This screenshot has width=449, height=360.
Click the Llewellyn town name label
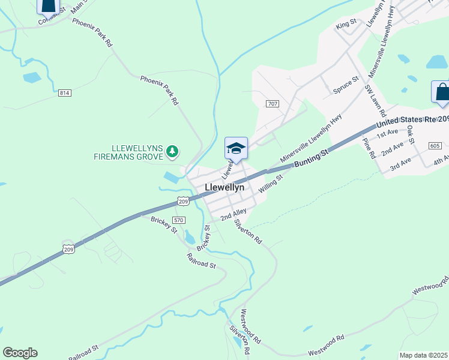click(x=224, y=187)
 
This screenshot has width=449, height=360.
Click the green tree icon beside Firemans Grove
click(x=172, y=151)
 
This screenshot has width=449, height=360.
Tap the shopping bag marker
click(x=442, y=92)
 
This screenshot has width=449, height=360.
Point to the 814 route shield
click(x=65, y=93)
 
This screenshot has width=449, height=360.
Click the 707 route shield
click(x=273, y=104)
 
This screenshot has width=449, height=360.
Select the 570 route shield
click(x=178, y=220)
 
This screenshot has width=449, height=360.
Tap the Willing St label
click(x=271, y=182)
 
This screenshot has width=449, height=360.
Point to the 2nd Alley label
click(x=234, y=214)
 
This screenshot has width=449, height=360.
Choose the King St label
click(x=346, y=25)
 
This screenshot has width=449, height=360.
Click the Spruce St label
click(x=346, y=86)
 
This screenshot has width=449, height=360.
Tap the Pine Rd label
click(x=369, y=148)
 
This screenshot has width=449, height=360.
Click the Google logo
click(x=20, y=353)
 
